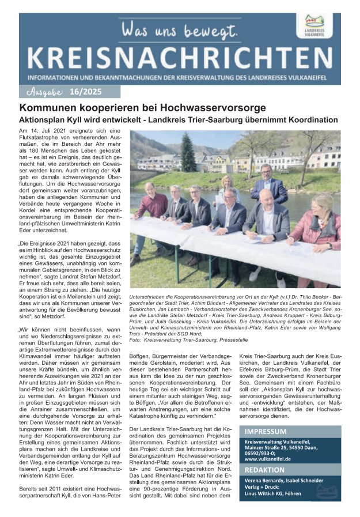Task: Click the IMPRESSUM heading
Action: (266, 431)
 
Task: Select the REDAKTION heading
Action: (264, 470)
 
